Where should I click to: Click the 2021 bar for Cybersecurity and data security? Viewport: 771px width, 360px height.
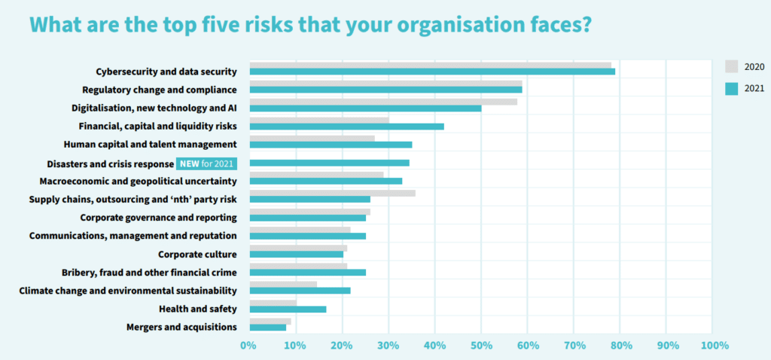coord(432,72)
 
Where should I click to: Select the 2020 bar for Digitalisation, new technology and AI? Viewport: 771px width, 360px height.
coord(383,101)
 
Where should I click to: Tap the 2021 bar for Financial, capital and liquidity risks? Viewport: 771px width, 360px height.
coord(346,127)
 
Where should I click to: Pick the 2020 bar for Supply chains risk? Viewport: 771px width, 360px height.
coord(332,193)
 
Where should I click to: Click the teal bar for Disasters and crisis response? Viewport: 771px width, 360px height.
coord(329,163)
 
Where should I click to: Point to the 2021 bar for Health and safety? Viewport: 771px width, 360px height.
coord(288,309)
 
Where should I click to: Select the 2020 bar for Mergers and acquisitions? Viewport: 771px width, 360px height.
coord(270,321)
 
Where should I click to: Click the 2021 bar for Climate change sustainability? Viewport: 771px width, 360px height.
coord(300,290)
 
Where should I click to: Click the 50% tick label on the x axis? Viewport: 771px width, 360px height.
coord(481,346)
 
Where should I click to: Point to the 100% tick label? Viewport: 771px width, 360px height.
coord(714,346)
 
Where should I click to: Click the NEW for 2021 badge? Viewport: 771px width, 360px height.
coord(206,163)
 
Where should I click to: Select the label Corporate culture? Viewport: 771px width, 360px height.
coord(197,254)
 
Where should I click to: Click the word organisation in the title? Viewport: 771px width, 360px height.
coord(419,26)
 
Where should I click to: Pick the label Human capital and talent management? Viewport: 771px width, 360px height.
coord(151,144)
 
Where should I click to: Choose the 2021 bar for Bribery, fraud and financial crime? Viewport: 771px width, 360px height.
coord(307,272)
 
